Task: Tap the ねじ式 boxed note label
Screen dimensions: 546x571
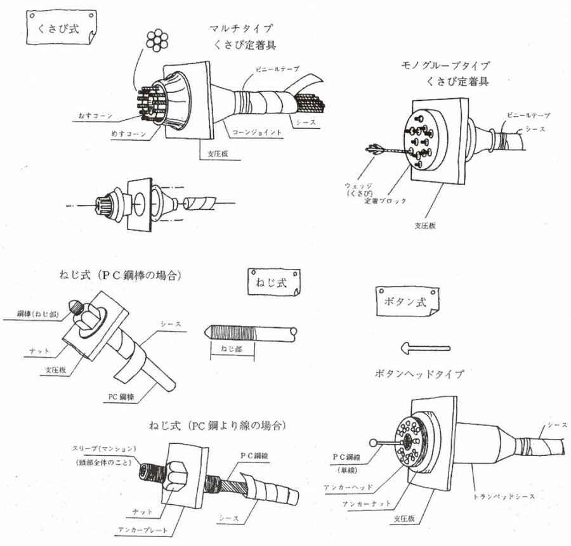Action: pos(272,283)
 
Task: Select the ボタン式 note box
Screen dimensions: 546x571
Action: pos(404,299)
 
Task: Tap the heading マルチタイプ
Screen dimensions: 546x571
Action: pos(240,29)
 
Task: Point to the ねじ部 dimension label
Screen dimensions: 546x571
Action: pos(232,349)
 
